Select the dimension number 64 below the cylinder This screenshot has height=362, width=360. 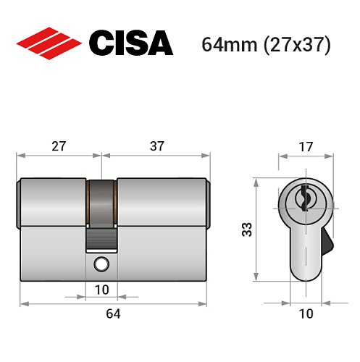click(x=113, y=313)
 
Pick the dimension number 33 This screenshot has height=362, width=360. click(x=247, y=230)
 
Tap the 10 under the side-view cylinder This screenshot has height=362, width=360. click(x=101, y=290)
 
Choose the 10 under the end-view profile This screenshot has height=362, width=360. click(x=306, y=313)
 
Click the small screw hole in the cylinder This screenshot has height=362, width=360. click(x=101, y=265)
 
